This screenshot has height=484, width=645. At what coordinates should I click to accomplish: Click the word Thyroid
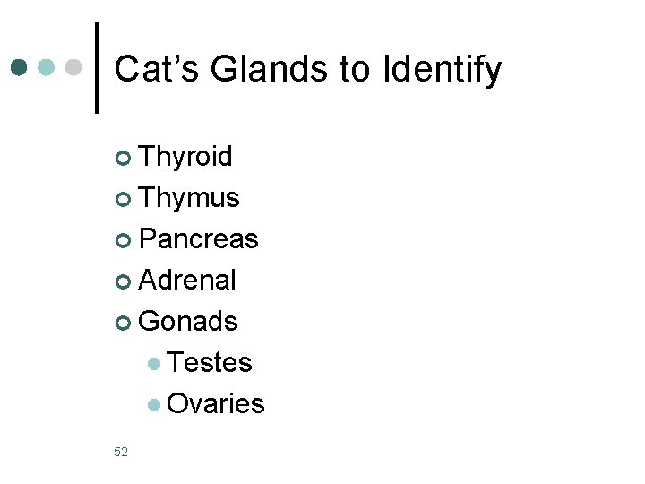tap(186, 157)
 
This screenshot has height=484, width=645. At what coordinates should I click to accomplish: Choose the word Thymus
tap(190, 198)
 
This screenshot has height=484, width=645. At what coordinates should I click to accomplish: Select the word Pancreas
tap(199, 239)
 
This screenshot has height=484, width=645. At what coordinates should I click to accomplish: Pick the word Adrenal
tap(188, 281)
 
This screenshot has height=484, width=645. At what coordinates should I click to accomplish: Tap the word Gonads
tap(189, 322)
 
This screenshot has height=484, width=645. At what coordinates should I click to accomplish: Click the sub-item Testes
tap(210, 363)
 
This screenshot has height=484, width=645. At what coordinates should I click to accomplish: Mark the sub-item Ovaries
tap(216, 404)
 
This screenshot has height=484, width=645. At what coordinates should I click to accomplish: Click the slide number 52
tap(121, 452)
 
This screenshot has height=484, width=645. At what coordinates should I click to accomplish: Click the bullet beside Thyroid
tap(124, 159)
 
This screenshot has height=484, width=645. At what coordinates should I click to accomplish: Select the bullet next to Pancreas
tap(124, 240)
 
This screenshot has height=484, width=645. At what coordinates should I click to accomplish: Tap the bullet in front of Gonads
tap(124, 323)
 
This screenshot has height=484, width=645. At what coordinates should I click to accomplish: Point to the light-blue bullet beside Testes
tap(155, 364)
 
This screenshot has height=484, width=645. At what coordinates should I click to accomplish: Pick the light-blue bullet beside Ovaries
tap(155, 405)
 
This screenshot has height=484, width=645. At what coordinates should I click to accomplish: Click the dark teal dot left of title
tap(20, 67)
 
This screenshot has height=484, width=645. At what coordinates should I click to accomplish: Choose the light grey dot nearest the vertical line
tap(74, 67)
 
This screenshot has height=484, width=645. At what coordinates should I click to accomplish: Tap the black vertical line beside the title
tap(96, 67)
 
